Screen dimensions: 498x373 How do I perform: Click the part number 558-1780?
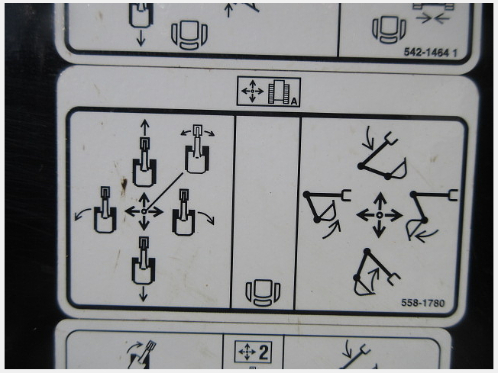coord(422,303)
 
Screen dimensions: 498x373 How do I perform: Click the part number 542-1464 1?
coord(430,53)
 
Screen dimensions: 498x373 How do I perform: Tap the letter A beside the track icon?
coord(294,101)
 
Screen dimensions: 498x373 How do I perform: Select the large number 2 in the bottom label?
coord(264,352)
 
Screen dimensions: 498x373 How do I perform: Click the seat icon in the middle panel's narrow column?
coord(263,293)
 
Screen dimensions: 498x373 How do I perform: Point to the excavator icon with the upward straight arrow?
coord(144,153)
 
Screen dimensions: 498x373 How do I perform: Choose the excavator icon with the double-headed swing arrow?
coord(197,149)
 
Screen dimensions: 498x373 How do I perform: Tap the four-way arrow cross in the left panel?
coord(144,211)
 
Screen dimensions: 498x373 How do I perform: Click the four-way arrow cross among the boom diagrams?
coord(379,215)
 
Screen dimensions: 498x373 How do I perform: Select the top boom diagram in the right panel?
coord(383,156)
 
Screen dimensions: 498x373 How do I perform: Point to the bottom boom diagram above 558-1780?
coord(375,272)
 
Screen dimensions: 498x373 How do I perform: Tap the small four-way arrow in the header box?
coord(253,92)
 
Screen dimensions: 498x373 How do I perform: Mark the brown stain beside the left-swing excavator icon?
coord(124,186)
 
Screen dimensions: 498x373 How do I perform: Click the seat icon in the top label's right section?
coord(389,30)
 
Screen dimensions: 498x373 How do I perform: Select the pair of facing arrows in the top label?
coord(432,19)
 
